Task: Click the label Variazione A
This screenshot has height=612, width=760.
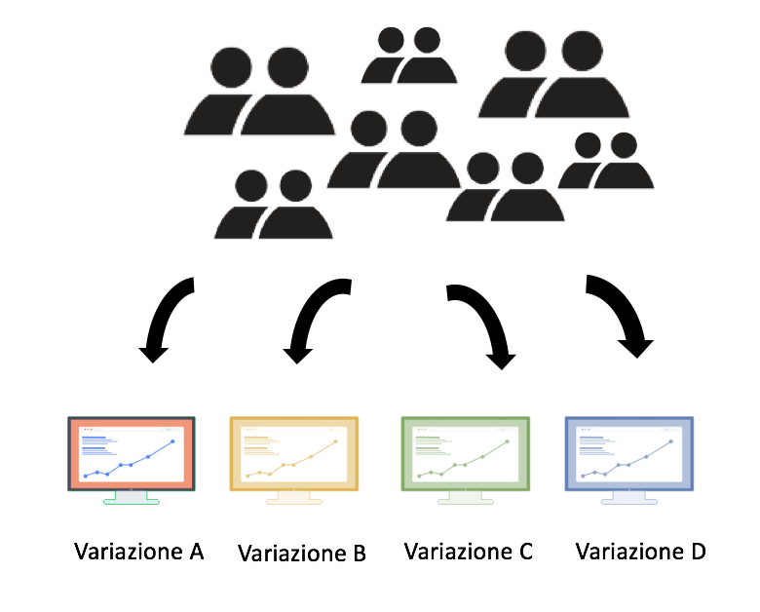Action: coord(139,552)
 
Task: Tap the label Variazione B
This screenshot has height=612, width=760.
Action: coord(301,554)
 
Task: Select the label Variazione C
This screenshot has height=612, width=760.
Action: coord(469,552)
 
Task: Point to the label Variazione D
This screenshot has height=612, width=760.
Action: coord(640,552)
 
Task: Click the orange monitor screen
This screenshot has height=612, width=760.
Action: coord(132,453)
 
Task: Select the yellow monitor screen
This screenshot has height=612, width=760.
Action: coord(293,453)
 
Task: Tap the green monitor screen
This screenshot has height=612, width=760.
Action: coord(466,453)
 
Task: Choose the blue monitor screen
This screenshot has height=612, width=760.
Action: coord(629,453)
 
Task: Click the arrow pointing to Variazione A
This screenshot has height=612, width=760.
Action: coord(165,315)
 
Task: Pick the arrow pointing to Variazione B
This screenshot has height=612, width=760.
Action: coord(310,315)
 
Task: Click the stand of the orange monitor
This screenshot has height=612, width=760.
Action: coord(132,498)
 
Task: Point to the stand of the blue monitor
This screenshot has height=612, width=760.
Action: coord(629,498)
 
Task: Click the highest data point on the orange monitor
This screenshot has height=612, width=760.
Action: coord(172,441)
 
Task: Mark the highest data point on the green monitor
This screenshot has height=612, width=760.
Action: coord(507,441)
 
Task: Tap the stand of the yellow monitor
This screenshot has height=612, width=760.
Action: coord(293,498)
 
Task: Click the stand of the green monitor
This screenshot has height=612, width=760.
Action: coord(466,498)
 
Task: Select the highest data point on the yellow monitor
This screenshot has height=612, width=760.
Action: coord(335,441)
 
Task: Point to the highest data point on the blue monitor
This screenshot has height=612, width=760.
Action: coord(670,441)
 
